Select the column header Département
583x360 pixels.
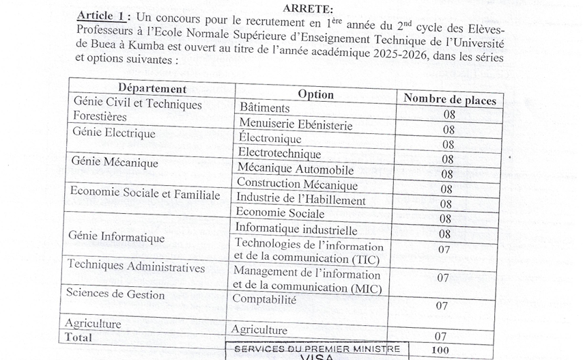[152, 89]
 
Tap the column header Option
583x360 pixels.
[315, 94]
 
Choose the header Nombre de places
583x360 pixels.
[449, 100]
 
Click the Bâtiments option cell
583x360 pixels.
[265, 108]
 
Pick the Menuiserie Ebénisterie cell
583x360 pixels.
[295, 124]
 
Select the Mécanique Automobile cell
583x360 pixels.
[295, 169]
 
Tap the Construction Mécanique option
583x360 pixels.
[297, 184]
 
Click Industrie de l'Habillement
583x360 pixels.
[300, 199]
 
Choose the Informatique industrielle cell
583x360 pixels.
[296, 230]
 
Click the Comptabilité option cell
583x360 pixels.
[264, 299]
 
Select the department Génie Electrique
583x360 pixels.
[113, 133]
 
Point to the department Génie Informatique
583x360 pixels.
[116, 237]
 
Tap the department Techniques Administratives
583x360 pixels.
[136, 267]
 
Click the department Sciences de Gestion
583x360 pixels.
[115, 294]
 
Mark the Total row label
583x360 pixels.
[78, 337]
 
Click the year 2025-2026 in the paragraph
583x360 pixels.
[393, 59]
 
